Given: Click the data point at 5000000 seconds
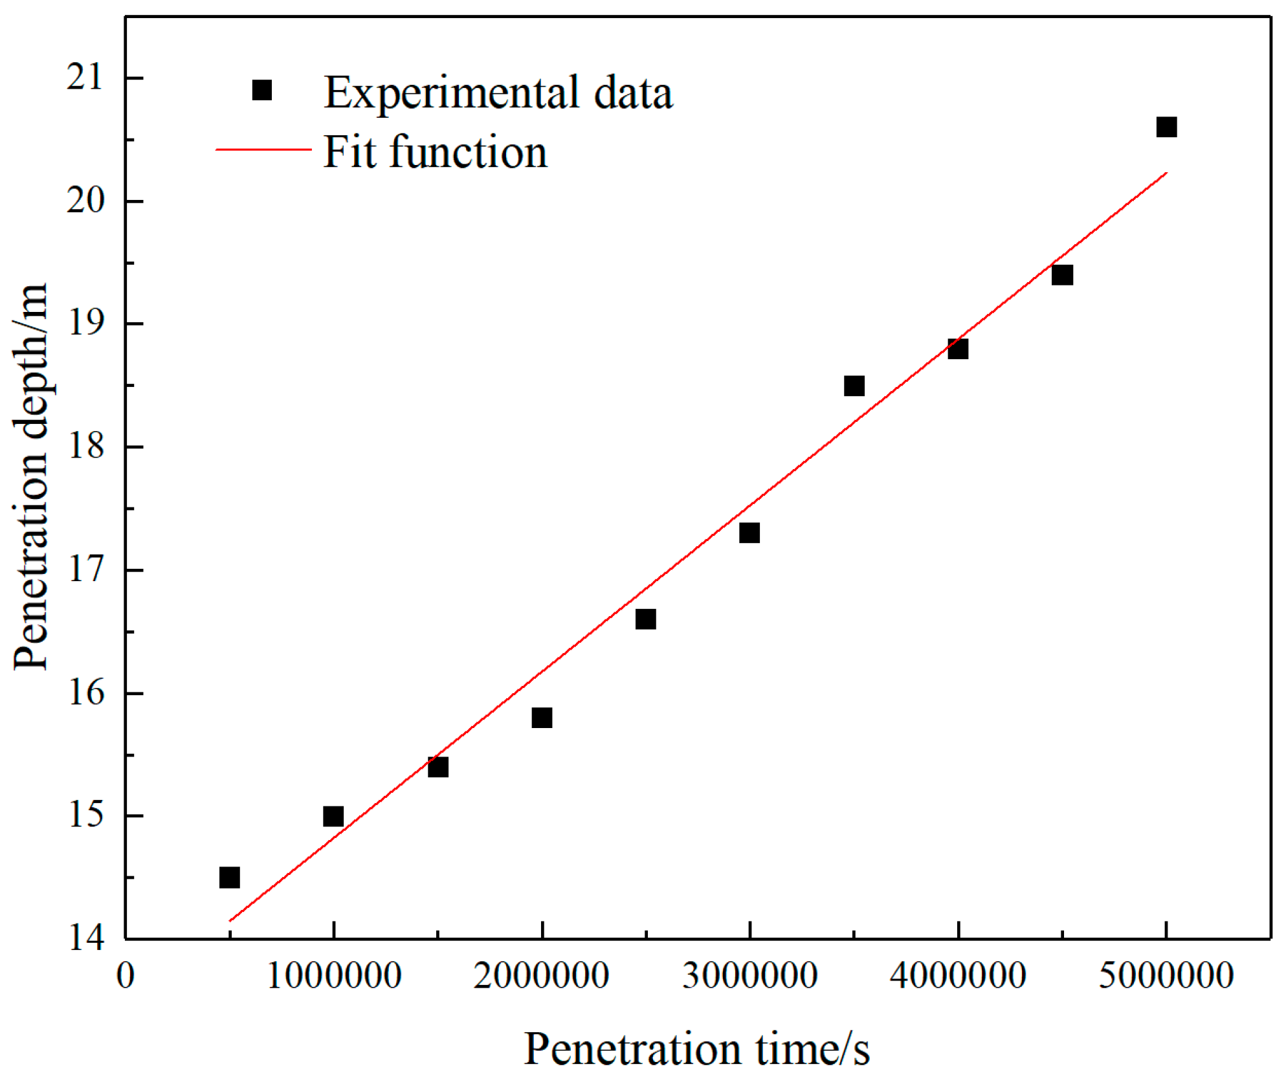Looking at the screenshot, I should point(1166,127).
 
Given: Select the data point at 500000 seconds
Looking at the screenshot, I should point(230,878).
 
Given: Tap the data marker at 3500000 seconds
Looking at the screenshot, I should point(854,386).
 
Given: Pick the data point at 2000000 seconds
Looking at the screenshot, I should point(542,718).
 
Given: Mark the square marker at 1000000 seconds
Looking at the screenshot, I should point(333,816).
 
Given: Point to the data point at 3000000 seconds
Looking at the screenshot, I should point(749,533).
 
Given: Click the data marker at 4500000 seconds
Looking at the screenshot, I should point(1062,275).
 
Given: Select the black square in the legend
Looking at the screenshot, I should point(262,90).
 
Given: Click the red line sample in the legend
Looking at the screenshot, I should point(263,149).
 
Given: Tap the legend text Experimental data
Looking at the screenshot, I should point(498,93).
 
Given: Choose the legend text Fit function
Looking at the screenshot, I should point(435,152).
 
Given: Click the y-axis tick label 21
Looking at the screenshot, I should point(85,78).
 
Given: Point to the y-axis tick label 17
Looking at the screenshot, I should point(85,571).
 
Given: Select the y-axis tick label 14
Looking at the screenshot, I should point(85,938).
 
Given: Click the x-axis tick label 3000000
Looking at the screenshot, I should point(749,975).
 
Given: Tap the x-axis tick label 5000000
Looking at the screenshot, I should point(1166,975).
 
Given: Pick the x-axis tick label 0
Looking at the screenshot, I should point(126,975).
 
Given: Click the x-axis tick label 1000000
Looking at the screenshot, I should point(333,975).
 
